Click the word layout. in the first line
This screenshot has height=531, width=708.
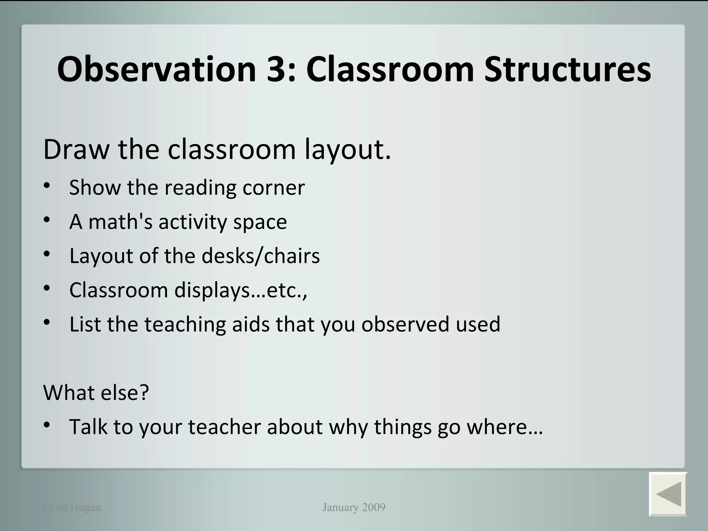pyautogui.click(x=348, y=150)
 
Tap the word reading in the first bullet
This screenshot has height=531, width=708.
pyautogui.click(x=200, y=188)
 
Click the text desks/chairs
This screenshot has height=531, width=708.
pyautogui.click(x=261, y=256)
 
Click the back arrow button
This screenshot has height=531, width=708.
pyautogui.click(x=668, y=493)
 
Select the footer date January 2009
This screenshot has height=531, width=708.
pyautogui.click(x=354, y=507)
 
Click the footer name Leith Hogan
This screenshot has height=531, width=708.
pyautogui.click(x=72, y=507)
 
